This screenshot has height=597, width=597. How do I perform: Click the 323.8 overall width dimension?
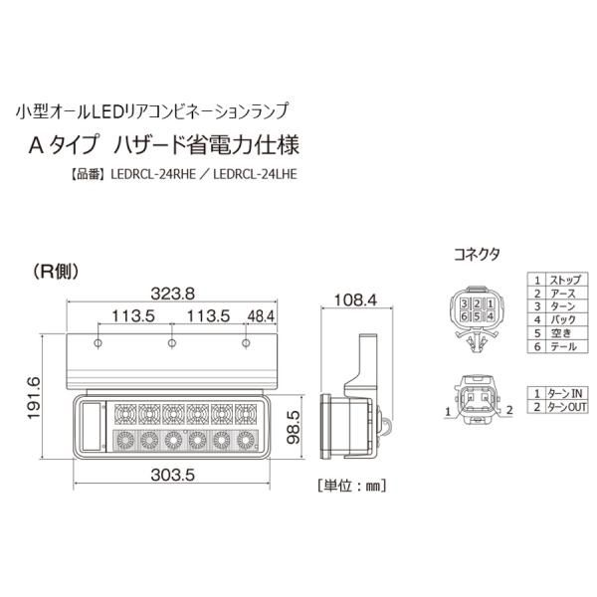coord(172,294)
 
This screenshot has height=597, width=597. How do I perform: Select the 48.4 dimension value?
coord(261,316)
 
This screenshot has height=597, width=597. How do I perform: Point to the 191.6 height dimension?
coord(34,398)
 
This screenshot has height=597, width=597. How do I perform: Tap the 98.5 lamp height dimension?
coord(294,427)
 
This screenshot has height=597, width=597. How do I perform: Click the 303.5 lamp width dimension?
coord(172,475)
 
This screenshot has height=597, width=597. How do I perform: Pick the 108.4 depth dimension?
coord(355,300)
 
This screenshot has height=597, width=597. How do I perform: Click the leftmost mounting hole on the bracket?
coord(98,343)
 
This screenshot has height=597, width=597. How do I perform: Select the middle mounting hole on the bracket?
coord(172,343)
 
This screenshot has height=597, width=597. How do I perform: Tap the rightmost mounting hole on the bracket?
coord(246,343)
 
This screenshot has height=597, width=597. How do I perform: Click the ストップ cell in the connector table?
coord(567,280)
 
